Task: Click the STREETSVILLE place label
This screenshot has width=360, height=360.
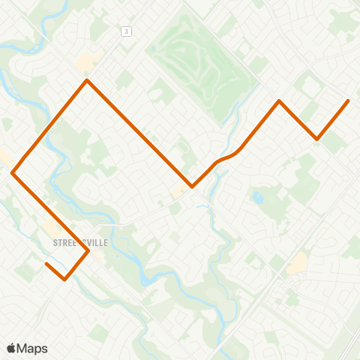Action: pos(81,243)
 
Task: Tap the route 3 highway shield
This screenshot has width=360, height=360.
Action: pos(127,31)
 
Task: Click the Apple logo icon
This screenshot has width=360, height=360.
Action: pos(11,348)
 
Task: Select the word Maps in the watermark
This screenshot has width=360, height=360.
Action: pos(33,348)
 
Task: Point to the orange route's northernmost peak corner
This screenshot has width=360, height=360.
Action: pos(88,80)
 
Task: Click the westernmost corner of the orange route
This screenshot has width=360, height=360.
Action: pos(13,172)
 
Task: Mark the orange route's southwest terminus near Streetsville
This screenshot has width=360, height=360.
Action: pos(46,263)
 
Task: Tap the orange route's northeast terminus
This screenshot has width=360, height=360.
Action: pos(348,100)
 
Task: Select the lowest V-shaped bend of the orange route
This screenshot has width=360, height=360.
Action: pos(65,280)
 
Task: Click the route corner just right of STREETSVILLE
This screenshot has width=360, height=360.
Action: pos(88,250)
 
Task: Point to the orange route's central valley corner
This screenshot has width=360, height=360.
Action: pos(192,187)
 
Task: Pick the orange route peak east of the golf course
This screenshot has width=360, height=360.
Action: pos(279,100)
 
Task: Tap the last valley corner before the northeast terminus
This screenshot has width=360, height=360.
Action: pos(317,139)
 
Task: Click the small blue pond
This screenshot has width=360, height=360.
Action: pos(259,199)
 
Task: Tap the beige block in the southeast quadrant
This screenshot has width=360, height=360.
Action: pos(297,262)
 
